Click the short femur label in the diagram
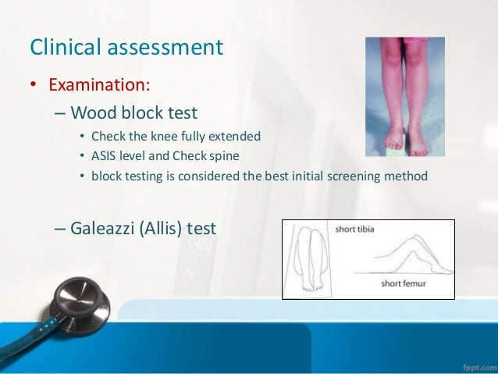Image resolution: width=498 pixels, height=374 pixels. [x=403, y=283]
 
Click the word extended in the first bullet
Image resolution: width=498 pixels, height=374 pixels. [x=237, y=136]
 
